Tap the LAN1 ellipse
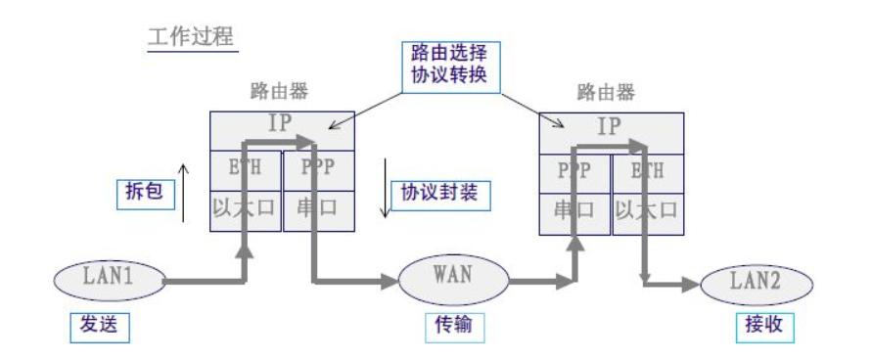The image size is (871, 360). click(x=107, y=279)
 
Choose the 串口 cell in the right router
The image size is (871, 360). click(x=574, y=211)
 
